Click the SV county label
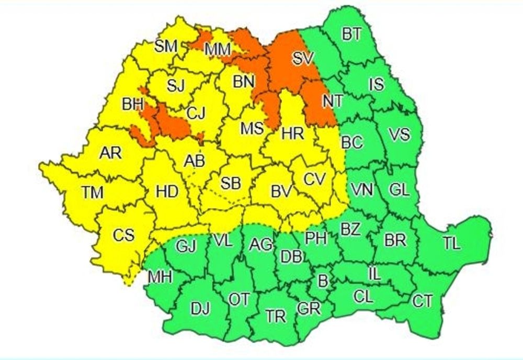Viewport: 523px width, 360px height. pyautogui.click(x=300, y=59)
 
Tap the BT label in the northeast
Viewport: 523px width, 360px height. pyautogui.click(x=351, y=35)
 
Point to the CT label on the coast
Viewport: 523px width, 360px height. pyautogui.click(x=422, y=301)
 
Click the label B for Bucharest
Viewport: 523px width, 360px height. pyautogui.click(x=323, y=280)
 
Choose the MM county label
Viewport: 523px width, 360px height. pyautogui.click(x=218, y=50)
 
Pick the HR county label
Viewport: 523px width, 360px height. pyautogui.click(x=292, y=133)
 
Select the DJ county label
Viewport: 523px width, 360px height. pyautogui.click(x=200, y=309)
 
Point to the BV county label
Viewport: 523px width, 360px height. pyautogui.click(x=280, y=192)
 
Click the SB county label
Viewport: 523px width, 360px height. pyautogui.click(x=231, y=183)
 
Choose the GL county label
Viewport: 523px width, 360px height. pyautogui.click(x=400, y=190)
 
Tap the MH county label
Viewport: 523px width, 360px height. pyautogui.click(x=161, y=277)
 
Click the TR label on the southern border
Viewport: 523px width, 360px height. pyautogui.click(x=275, y=316)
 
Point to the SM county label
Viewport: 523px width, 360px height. pyautogui.click(x=166, y=46)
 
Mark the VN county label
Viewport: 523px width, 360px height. pyautogui.click(x=361, y=190)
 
